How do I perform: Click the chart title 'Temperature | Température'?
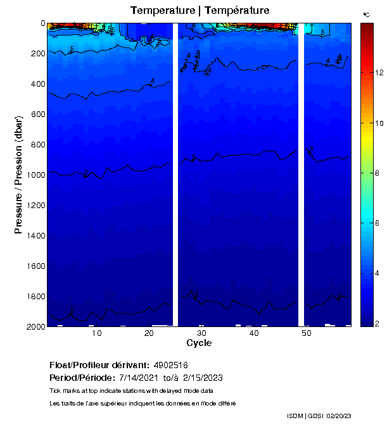pyautogui.click(x=200, y=10)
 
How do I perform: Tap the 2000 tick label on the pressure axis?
pyautogui.click(x=35, y=326)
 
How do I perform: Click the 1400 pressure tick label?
pyautogui.click(x=35, y=236)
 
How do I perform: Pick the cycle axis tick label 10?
pyautogui.click(x=97, y=333)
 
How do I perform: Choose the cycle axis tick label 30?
pyautogui.click(x=201, y=333)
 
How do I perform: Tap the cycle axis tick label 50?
pyautogui.click(x=306, y=333)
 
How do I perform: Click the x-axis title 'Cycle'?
pyautogui.click(x=199, y=343)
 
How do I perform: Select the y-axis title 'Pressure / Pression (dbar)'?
pyautogui.click(x=18, y=174)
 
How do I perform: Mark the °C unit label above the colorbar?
pyautogui.click(x=366, y=13)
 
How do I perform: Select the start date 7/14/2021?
pyautogui.click(x=140, y=378)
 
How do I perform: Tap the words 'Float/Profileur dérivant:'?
pyautogui.click(x=99, y=365)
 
